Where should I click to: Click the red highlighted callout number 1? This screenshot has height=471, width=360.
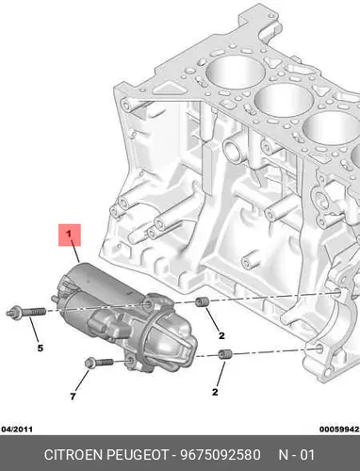(70, 235)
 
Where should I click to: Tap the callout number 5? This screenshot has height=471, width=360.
(41, 349)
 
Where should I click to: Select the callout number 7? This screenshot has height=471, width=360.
(73, 397)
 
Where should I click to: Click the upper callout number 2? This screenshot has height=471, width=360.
(221, 335)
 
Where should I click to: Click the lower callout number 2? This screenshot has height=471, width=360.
(215, 392)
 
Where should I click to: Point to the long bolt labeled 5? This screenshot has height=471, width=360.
(26, 312)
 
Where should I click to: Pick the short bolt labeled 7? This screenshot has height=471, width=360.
(99, 363)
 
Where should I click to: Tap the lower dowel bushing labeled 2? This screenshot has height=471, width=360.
(225, 354)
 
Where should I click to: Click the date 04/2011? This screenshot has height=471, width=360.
(17, 430)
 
